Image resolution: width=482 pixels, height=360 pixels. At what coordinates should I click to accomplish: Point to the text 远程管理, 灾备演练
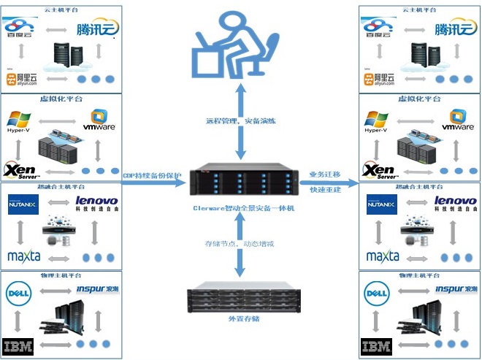240,120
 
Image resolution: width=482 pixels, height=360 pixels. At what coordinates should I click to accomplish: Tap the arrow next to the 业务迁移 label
329,183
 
